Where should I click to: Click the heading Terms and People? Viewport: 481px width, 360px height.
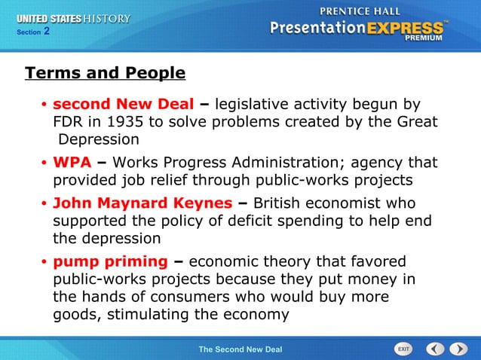pos(105,73)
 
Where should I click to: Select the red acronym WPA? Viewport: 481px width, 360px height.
pos(72,163)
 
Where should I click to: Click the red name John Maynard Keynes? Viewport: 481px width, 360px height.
pos(142,203)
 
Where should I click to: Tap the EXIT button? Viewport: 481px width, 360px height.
pos(403,349)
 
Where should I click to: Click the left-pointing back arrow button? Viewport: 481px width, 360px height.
pos(435,349)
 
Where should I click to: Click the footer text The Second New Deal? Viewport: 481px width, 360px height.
pos(240,349)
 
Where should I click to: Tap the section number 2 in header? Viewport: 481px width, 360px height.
pos(46,31)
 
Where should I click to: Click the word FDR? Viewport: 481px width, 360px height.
pos(69,121)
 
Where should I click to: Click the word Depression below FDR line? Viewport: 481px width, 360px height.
pos(99,139)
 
